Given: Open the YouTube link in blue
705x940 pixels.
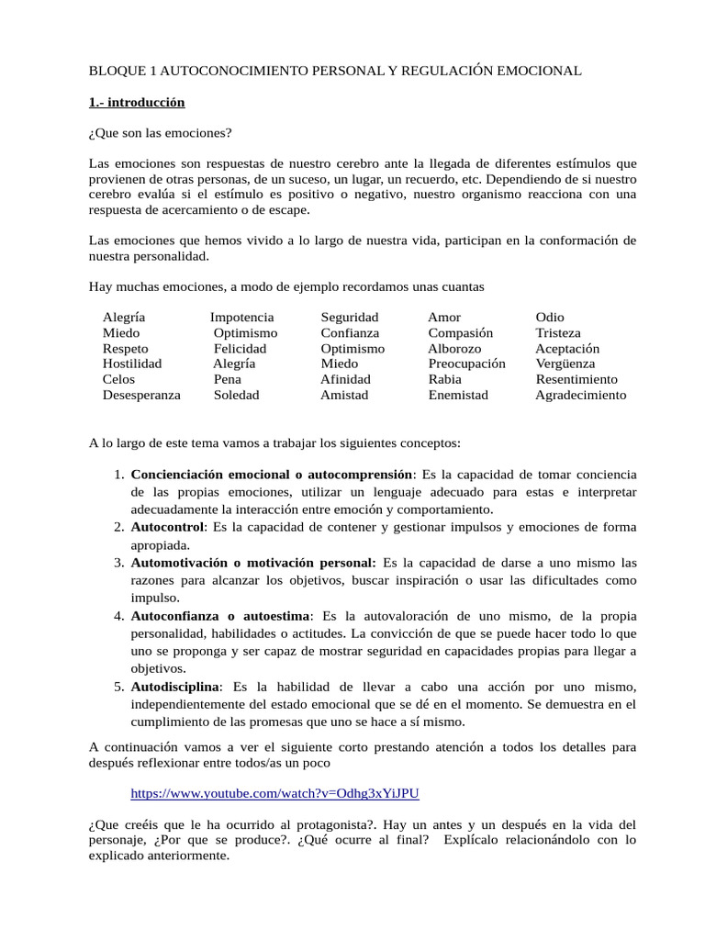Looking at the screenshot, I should point(274,793).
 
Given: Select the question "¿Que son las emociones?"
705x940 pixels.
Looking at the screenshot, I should point(161,133).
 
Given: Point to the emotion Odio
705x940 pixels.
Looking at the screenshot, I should point(550,318).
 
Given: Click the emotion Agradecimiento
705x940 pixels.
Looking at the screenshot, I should point(581,396).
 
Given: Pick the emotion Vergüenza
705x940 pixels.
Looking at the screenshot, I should point(565,364).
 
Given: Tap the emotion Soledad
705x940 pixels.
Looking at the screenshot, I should point(237,396).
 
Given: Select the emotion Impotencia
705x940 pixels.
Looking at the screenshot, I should point(242,318).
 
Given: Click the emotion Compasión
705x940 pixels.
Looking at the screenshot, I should point(461,333).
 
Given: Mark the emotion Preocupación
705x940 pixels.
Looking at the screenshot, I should point(467,364).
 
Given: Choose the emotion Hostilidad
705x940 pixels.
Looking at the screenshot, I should point(132,364).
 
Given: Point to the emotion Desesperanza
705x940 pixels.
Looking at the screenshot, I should point(141,396).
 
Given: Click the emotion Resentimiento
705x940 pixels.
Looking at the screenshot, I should point(576,380).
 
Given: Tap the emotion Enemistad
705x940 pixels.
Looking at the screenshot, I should point(458,396).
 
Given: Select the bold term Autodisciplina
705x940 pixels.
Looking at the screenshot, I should point(175,687).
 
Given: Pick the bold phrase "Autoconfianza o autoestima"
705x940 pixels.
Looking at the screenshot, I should point(221,616).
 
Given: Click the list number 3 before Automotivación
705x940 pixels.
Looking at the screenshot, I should point(118,563).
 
